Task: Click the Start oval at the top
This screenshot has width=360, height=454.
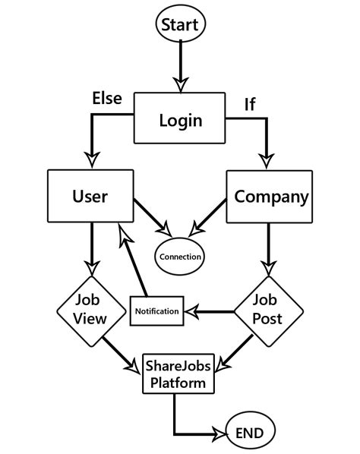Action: click(180, 24)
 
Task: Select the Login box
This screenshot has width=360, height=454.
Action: click(181, 118)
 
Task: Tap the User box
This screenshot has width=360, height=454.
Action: click(90, 197)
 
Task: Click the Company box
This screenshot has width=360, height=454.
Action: click(271, 197)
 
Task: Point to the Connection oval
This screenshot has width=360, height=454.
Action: click(180, 256)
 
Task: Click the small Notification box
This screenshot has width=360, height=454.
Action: click(157, 311)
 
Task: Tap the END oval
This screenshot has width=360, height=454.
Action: click(249, 434)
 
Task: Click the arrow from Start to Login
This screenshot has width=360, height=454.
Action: click(180, 65)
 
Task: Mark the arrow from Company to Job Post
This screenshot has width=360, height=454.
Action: click(267, 251)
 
